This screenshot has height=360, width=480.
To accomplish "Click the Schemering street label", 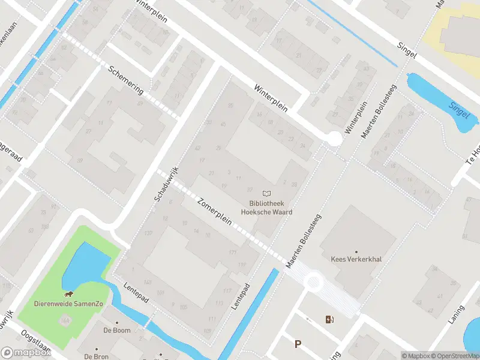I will pyautogui.click(x=126, y=79).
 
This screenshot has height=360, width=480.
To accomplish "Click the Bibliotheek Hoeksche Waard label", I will pyautogui.click(x=266, y=207).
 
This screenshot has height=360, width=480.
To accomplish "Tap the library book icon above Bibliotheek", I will pyautogui.click(x=267, y=193).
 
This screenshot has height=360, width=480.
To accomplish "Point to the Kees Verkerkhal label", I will pyautogui.click(x=356, y=260).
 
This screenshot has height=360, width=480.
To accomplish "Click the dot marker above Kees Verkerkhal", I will pyautogui.click(x=356, y=252).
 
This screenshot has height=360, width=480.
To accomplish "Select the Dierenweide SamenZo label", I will pyautogui.click(x=69, y=304).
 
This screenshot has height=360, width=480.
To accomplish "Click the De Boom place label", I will pyautogui.click(x=116, y=330).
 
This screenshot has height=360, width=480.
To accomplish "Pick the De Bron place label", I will pyautogui.click(x=96, y=356).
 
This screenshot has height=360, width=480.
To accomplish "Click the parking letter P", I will pyautogui.click(x=297, y=344).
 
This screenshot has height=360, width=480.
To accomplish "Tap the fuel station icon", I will pyautogui.click(x=328, y=319).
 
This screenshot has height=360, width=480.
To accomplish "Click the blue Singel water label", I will pyautogui.click(x=458, y=109).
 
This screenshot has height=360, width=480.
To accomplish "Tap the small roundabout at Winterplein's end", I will pyautogui.click(x=334, y=139).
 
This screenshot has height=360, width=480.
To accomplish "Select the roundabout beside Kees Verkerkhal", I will pyautogui.click(x=313, y=280).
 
